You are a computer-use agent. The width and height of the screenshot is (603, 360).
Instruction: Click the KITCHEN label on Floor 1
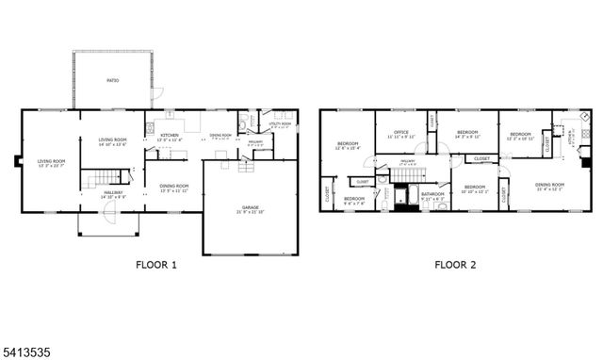coord(170,137)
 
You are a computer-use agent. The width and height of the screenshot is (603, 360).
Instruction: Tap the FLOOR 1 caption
coord(156,265)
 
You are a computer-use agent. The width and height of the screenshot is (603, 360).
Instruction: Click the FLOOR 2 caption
coord(455,265)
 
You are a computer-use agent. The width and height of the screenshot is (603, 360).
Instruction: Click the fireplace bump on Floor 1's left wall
coord(19,160)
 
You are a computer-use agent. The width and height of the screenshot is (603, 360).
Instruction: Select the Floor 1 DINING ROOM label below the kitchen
coord(173,186)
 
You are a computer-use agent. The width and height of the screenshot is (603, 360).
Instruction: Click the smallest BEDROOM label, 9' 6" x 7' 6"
coord(354,199)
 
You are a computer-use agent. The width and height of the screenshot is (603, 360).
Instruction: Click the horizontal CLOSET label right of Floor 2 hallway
coord(481,159)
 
